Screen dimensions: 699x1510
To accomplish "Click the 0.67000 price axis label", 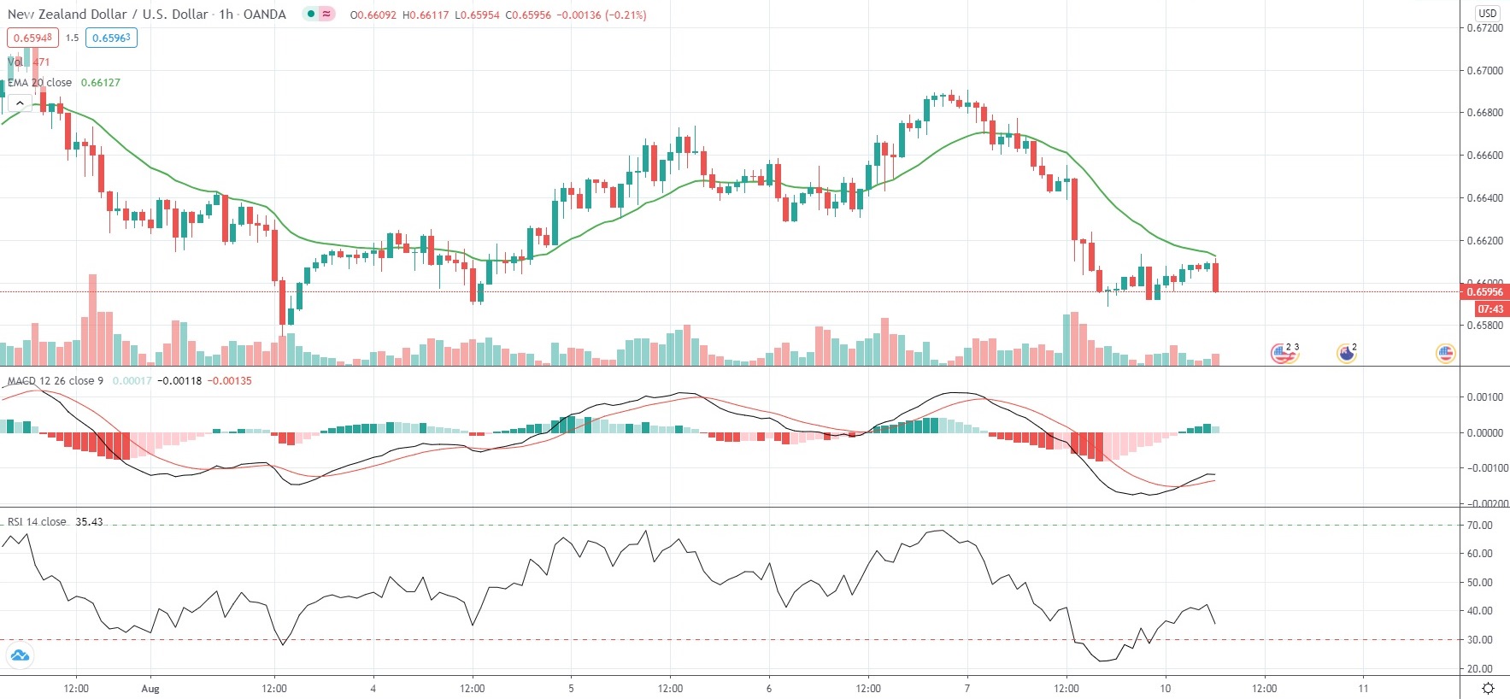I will coord(1484,71).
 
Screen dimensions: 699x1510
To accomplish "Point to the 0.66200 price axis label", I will coord(1484,241).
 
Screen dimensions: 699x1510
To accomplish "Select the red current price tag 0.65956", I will coord(1484,292).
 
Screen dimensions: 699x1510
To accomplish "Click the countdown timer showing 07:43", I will coord(1490,309).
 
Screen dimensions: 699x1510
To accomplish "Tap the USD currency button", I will coord(1488,13).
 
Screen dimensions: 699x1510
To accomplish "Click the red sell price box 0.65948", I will coord(32,38).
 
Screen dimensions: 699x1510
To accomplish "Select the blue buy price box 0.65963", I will coord(111,38).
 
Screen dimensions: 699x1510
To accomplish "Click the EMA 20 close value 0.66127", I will coord(101,83).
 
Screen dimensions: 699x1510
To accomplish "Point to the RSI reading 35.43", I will coord(89,522).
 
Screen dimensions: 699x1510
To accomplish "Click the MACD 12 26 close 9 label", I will coord(56,381).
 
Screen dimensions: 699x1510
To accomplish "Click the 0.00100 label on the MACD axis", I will coord(1484,397).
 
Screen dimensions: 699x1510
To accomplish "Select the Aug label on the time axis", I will coord(150,689).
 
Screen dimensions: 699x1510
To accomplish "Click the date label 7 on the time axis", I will coord(967,689).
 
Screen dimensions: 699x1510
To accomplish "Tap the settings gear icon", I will coord(1488,689).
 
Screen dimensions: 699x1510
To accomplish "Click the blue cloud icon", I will coord(19,656).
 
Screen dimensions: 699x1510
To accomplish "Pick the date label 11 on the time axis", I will coord(1363,689).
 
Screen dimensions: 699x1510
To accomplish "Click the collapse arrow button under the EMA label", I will coord(20,103).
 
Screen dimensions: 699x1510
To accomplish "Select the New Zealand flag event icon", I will coord(1346,353).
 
